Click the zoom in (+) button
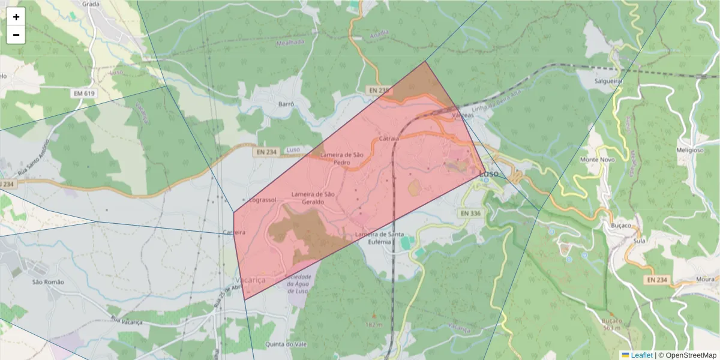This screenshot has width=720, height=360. (x=16, y=17)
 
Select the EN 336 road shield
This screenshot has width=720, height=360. (x=471, y=213)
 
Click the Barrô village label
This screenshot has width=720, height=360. (x=286, y=104)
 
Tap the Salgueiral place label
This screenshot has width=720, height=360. (x=607, y=81)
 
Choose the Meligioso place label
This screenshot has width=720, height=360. (x=689, y=151)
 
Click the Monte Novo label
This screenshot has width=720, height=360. (x=598, y=160)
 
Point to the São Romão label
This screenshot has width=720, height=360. (x=48, y=281)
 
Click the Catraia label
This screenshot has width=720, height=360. (x=389, y=139)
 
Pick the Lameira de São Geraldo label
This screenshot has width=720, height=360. (x=313, y=198)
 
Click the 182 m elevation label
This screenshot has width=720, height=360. (x=373, y=325)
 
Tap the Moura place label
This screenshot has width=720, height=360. (x=706, y=280)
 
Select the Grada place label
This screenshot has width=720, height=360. (x=91, y=4)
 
